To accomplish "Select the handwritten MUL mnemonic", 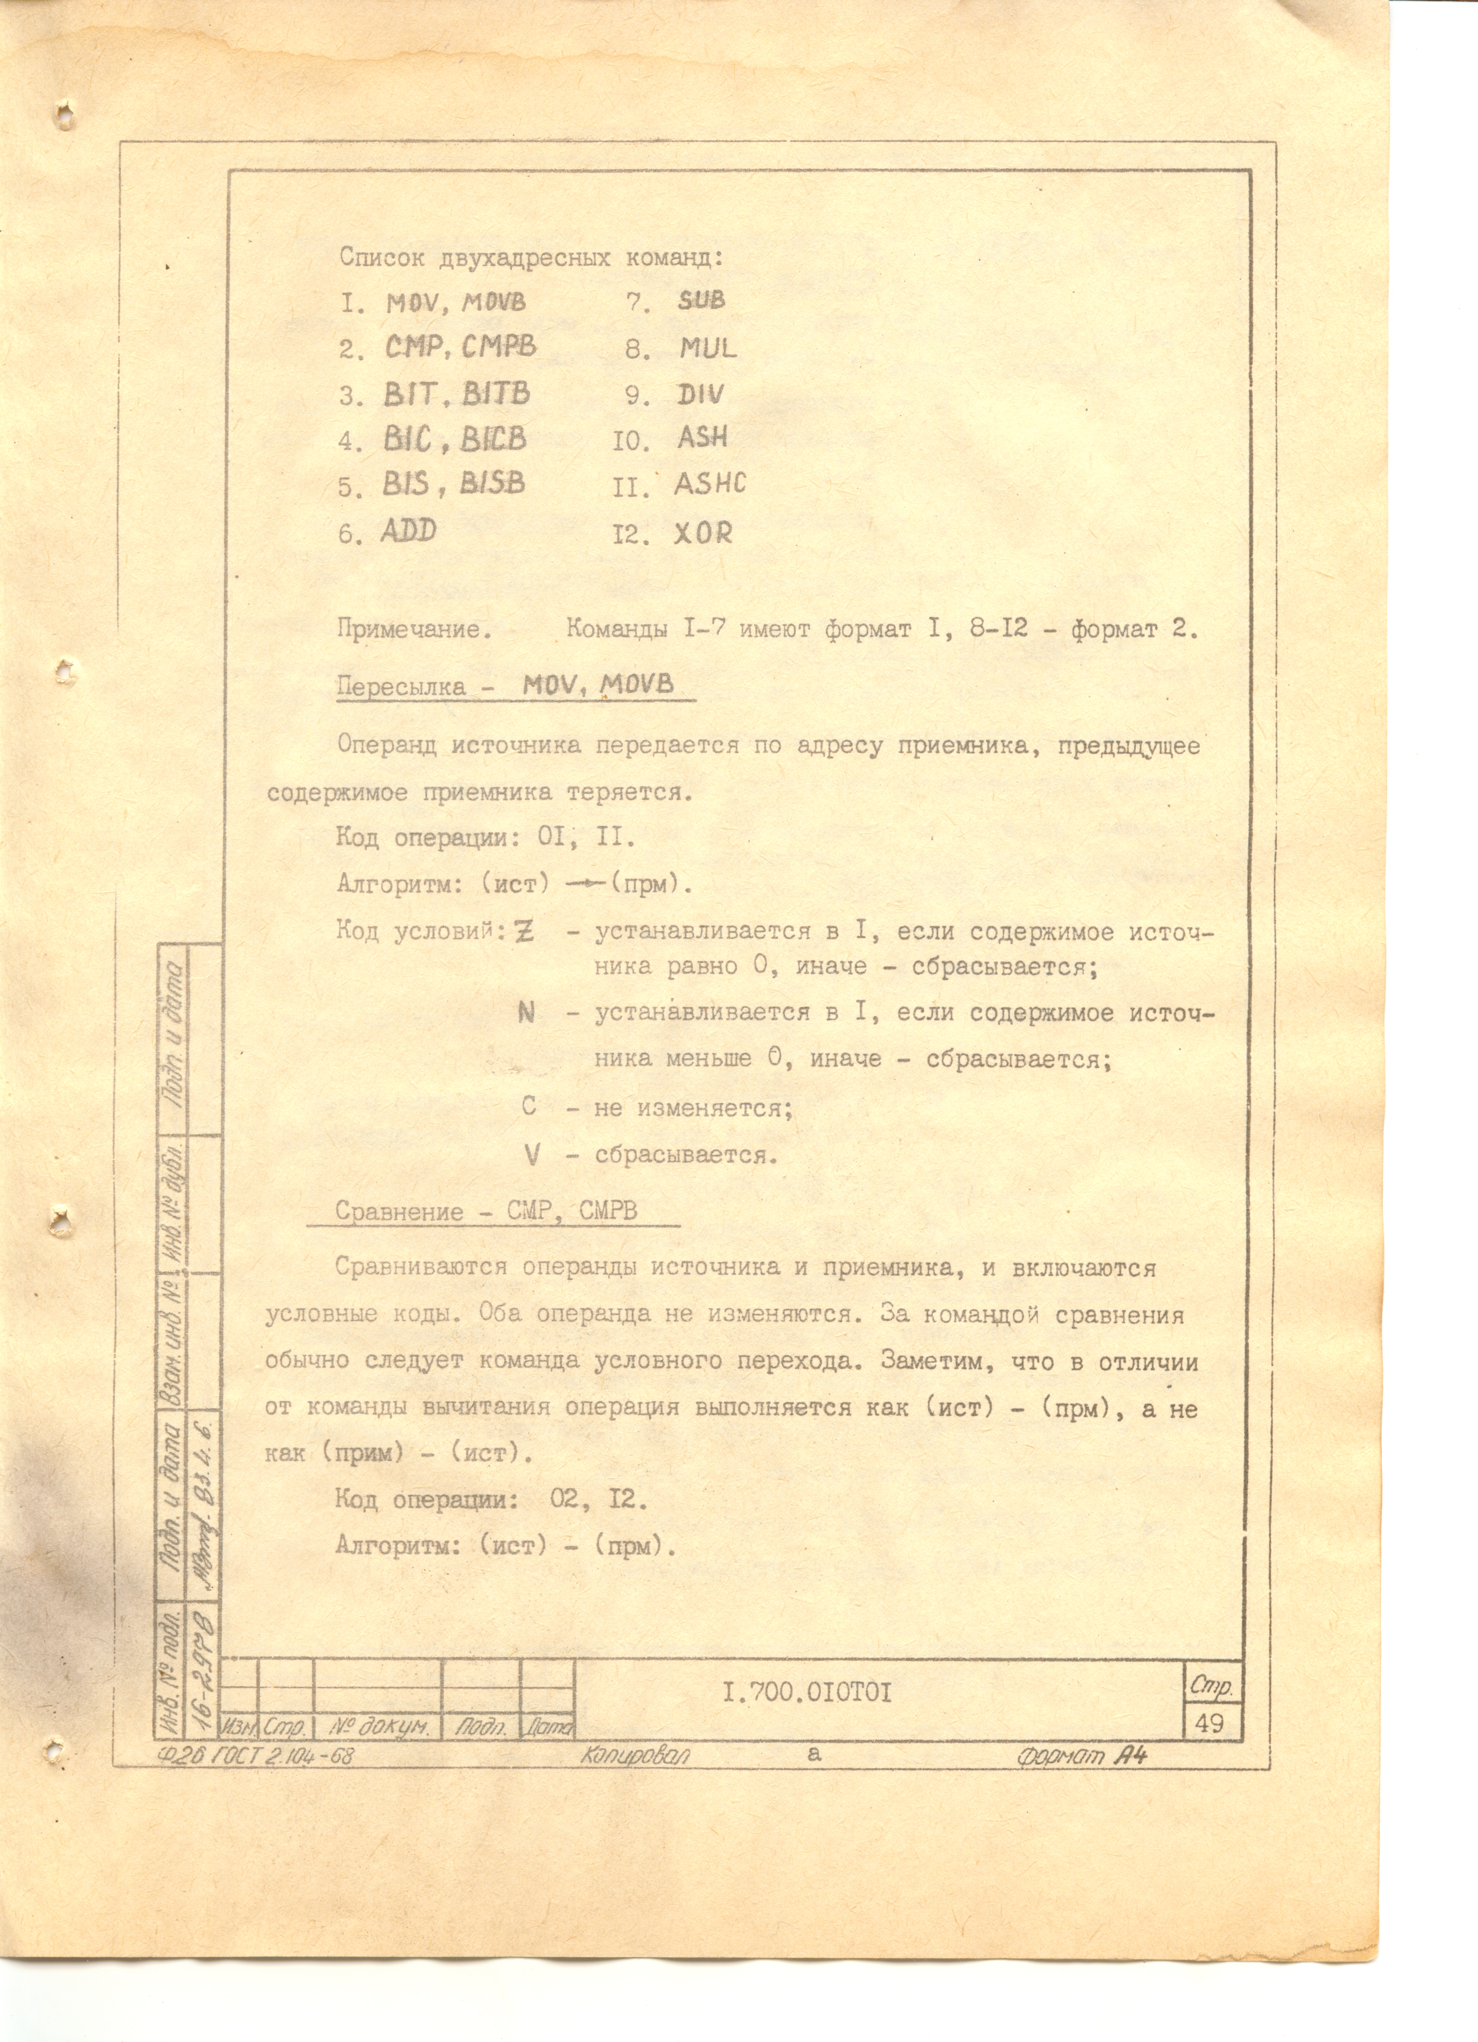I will [708, 348].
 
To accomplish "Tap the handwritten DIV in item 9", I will [701, 393].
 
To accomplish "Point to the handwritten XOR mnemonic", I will [704, 533].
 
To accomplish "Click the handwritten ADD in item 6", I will [408, 530].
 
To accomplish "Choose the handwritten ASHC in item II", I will [710, 484].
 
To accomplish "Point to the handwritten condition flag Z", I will [523, 931].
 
